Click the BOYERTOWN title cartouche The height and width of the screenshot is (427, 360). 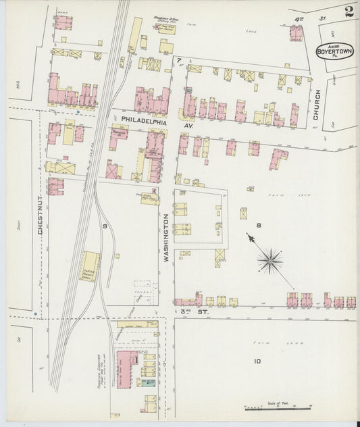(335, 52)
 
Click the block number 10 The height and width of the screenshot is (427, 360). (257, 361)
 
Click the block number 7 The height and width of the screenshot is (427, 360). (179, 61)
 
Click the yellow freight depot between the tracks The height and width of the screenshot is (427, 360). (90, 267)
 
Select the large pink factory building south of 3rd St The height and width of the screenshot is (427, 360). (126, 369)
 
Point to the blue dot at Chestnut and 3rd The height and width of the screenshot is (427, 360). (34, 314)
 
